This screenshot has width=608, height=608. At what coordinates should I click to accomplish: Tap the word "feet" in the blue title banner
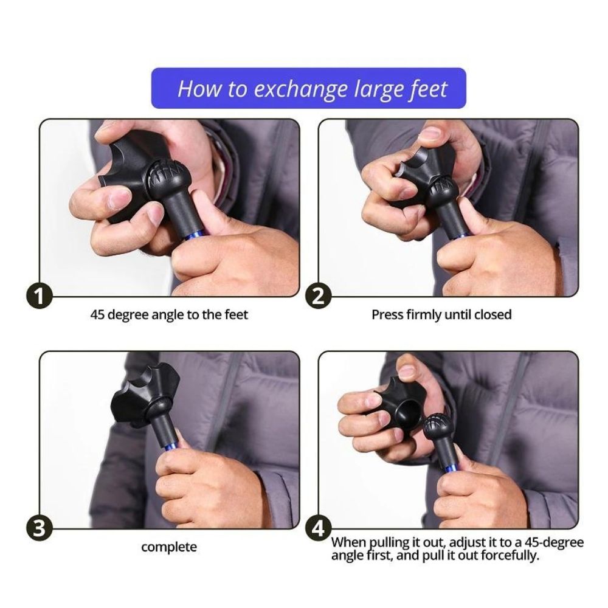click(429, 89)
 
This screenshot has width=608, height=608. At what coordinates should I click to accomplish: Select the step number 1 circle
click(39, 296)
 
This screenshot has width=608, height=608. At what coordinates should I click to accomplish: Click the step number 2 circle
click(319, 296)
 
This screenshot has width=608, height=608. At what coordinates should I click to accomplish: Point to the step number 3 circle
click(39, 528)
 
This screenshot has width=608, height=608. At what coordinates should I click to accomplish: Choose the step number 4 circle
click(319, 528)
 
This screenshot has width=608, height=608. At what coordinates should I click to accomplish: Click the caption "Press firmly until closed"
click(441, 314)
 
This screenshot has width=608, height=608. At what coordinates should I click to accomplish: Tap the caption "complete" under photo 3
click(169, 547)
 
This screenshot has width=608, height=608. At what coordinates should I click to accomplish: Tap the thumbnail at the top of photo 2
click(431, 134)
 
